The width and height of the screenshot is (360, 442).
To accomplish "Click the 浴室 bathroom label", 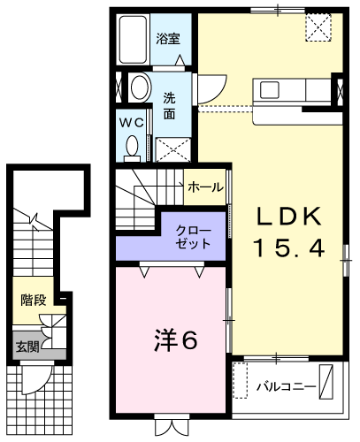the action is [x=168, y=39].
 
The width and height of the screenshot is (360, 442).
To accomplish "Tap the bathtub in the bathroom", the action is [x=133, y=40].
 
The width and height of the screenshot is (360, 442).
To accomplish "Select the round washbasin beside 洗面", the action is [x=140, y=88].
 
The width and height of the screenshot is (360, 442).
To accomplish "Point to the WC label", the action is [x=131, y=123].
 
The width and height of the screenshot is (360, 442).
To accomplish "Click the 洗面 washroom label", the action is [x=170, y=106].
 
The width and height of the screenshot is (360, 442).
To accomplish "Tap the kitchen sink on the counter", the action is [x=269, y=90].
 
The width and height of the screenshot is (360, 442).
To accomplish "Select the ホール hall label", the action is [x=205, y=187].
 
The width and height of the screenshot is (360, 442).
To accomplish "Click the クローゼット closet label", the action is [x=193, y=237].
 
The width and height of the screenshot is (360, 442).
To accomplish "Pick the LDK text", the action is [x=288, y=217].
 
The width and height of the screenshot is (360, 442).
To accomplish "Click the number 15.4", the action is [x=288, y=248].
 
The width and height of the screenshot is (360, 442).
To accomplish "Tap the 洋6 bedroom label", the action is [x=175, y=341].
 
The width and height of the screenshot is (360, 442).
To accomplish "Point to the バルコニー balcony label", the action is [x=286, y=386].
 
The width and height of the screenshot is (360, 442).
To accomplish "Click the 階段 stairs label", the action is [x=34, y=300].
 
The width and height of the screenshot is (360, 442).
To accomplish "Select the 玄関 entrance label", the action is [x=27, y=347].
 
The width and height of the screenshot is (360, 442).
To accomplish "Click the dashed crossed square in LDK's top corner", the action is [x=318, y=28].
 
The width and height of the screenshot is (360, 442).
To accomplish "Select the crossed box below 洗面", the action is [x=173, y=149].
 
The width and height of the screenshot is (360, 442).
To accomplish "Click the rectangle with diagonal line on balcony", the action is [x=326, y=382].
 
